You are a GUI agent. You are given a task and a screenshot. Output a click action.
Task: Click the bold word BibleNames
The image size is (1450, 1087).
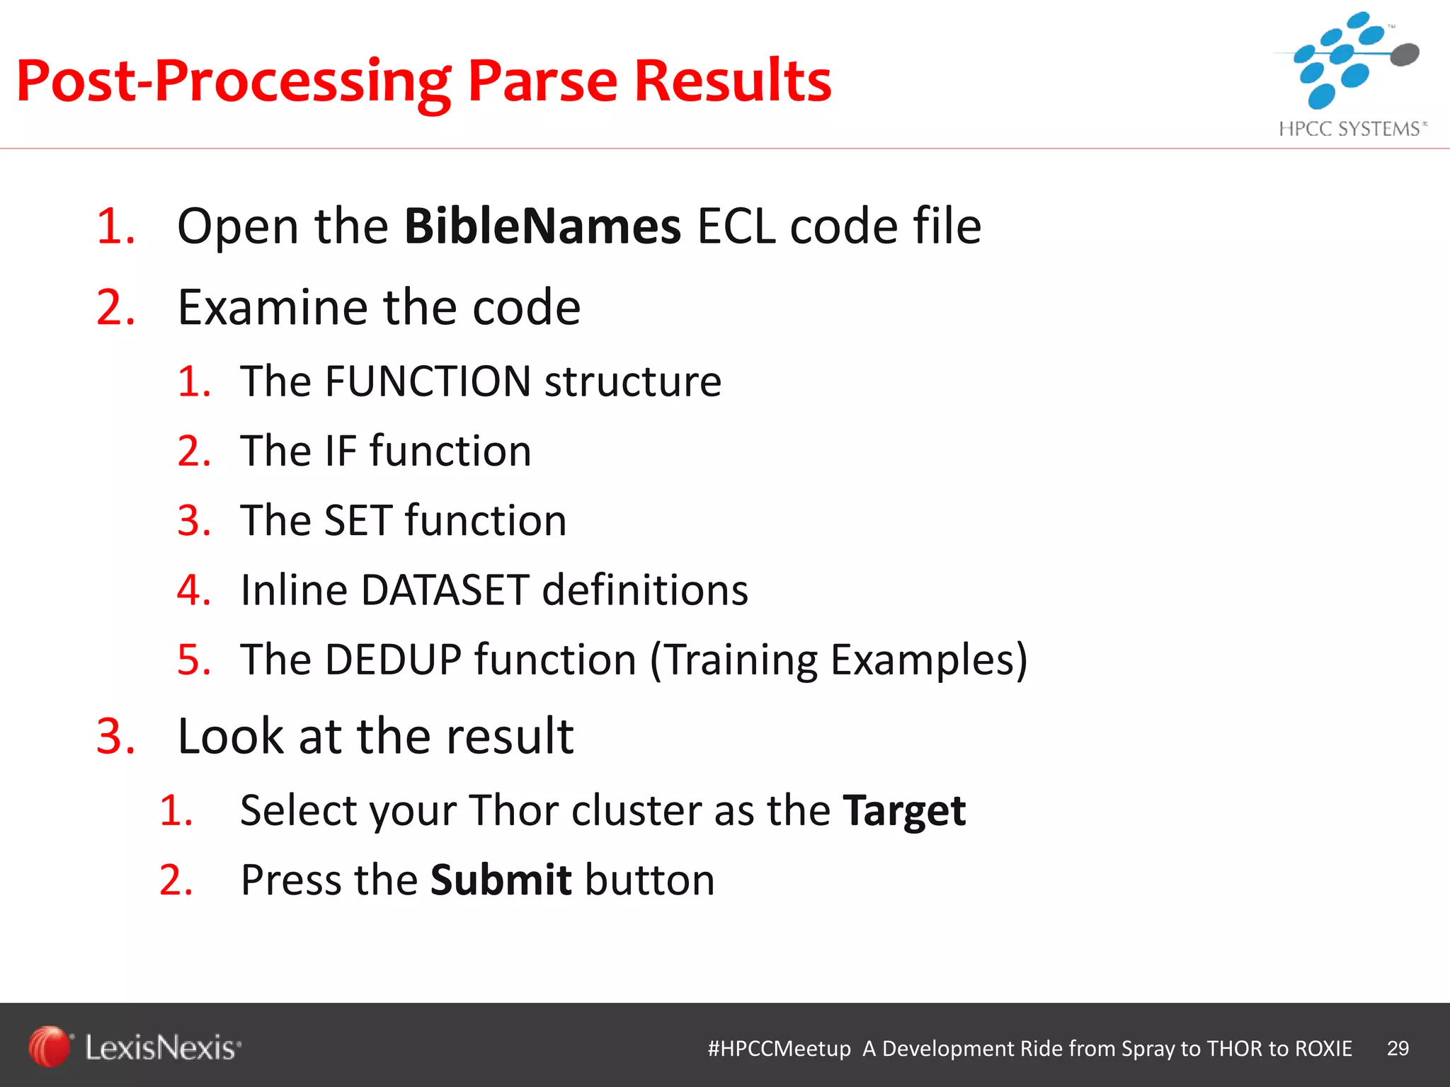[542, 227]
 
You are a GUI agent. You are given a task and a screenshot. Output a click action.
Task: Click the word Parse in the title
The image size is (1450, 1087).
[542, 81]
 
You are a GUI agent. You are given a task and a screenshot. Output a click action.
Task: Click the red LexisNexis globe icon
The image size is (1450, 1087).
[49, 1046]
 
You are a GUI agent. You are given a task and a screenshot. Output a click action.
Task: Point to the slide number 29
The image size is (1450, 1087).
[1398, 1048]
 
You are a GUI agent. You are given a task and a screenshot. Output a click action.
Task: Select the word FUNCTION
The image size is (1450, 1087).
[428, 382]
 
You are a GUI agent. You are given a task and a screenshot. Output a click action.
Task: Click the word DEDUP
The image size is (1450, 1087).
[393, 660]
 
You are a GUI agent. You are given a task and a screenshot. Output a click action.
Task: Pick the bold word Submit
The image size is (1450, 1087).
[501, 880]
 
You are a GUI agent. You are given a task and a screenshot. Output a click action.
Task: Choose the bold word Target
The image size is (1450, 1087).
[904, 811]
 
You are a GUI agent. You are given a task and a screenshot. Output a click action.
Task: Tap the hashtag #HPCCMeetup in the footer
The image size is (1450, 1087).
[779, 1049]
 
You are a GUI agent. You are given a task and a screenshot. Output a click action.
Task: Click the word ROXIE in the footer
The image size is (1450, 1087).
[1323, 1049]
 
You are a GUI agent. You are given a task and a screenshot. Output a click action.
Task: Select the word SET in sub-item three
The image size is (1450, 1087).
[358, 522]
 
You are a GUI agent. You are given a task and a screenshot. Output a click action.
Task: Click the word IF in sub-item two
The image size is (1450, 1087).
[341, 452]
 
